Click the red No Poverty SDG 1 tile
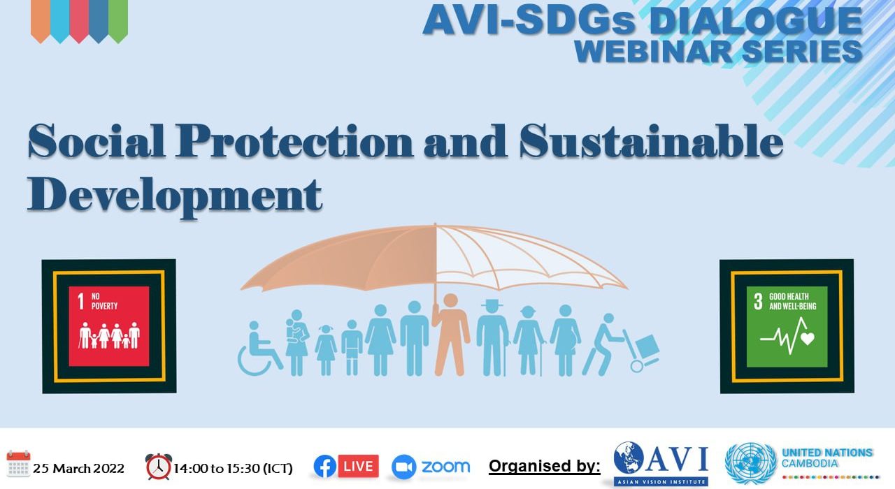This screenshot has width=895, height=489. point(109,326)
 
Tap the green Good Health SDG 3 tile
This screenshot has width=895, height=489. point(787,326)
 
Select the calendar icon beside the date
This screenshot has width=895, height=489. point(18,464)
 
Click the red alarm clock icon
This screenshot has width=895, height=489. point(159,466)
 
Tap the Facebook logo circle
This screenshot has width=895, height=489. point(325,466)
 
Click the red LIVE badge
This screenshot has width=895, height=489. point(359,466)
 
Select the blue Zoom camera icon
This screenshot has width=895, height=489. point(403,467)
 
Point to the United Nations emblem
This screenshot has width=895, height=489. point(751,463)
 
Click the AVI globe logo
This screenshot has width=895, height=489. point(629,458)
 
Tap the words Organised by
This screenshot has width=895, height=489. point(545,466)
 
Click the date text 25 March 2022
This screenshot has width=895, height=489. point(79,468)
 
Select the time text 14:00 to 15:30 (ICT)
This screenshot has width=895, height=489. point(233,468)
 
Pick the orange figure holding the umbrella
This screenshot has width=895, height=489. point(451,335)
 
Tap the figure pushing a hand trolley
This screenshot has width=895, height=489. point(620,345)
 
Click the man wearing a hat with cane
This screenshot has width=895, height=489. point(493,337)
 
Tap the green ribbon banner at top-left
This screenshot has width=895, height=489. point(118,21)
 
